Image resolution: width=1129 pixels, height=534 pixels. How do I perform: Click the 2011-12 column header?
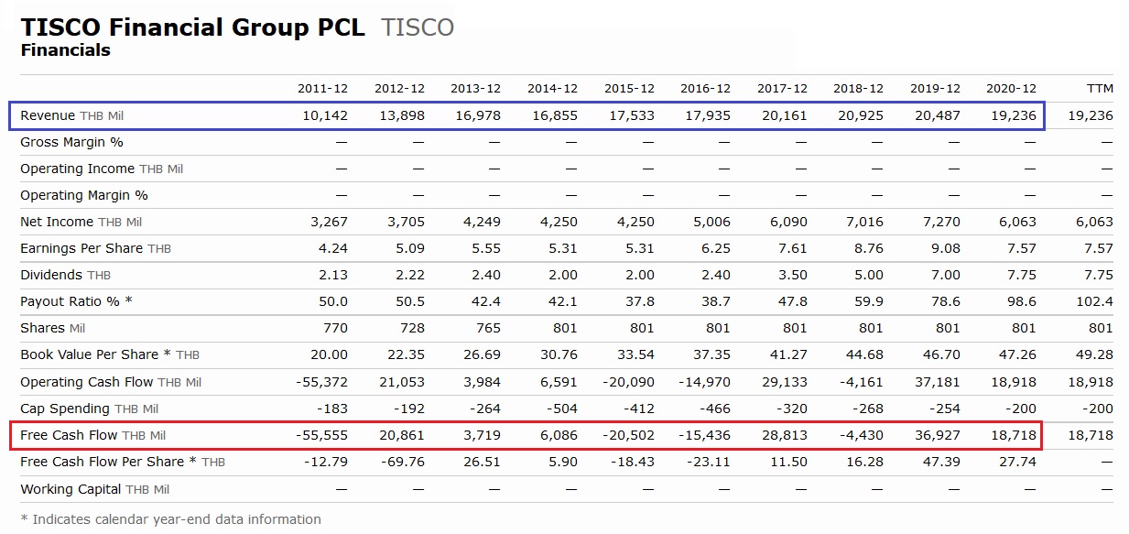[322, 89]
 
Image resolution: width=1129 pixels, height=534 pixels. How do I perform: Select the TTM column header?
[1099, 89]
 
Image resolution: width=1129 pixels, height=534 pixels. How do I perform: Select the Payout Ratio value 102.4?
[1095, 301]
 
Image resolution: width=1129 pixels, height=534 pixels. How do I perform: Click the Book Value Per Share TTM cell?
[1095, 354]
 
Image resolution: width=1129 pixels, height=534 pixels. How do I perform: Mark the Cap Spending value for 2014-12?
[560, 409]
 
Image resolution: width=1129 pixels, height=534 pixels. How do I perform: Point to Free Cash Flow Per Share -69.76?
[403, 462]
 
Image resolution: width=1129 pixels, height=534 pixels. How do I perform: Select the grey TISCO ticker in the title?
[418, 27]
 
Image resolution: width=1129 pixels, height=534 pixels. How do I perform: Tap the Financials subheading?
[65, 50]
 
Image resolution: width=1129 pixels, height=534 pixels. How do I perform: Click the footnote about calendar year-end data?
[170, 519]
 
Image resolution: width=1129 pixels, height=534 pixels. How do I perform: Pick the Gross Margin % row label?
[71, 142]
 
